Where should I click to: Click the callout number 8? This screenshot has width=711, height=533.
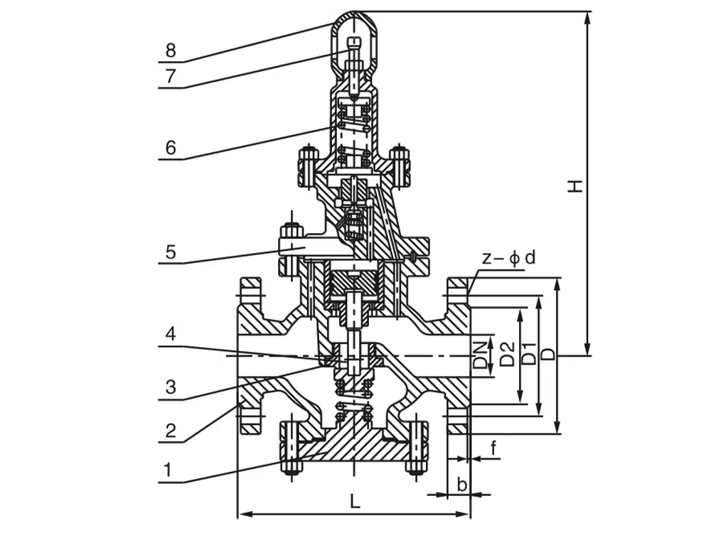point(170,50)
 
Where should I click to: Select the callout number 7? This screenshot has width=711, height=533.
point(170,76)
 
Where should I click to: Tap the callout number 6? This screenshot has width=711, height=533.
point(170,148)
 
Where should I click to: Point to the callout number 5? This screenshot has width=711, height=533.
point(170,252)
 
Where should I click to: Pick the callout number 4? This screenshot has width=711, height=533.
point(170,333)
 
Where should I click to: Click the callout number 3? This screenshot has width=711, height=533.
point(170,387)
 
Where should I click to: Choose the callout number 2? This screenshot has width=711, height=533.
point(170,431)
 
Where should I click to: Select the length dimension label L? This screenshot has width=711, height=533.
point(355,502)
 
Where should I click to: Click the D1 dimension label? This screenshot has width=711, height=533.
point(529,353)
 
